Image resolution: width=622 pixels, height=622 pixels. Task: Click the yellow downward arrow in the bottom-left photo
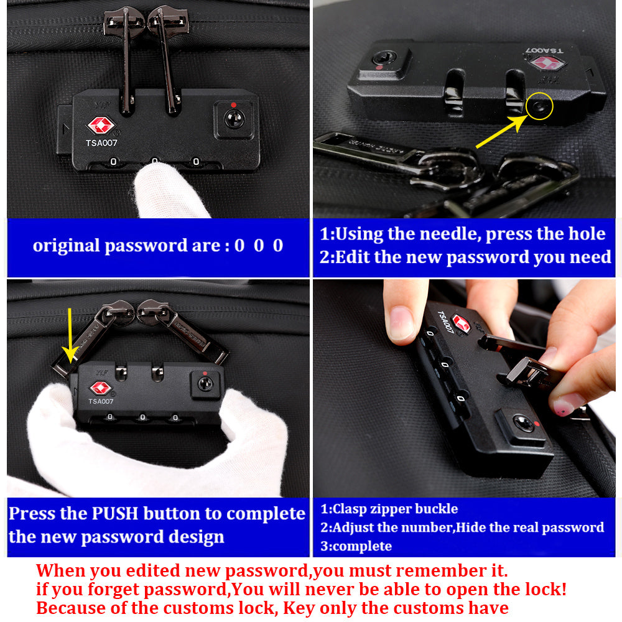coord(70,336)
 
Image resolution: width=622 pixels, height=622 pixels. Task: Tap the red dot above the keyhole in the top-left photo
coord(233,104)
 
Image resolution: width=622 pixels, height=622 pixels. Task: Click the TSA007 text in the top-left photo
coord(101,143)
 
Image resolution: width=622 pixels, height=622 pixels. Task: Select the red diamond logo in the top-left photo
coord(101,126)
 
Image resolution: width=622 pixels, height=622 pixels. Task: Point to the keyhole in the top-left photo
coord(234,119)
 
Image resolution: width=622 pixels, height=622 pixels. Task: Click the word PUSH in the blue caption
coord(115,513)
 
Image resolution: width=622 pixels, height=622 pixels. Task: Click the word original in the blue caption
coord(67,246)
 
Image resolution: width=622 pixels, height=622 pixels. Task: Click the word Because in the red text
coord(72,608)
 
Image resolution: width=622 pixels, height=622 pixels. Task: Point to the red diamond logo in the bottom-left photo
coord(101,388)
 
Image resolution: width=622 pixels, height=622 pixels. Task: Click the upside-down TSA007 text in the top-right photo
coord(544,51)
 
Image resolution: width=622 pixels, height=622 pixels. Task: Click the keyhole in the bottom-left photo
coord(205,384)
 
